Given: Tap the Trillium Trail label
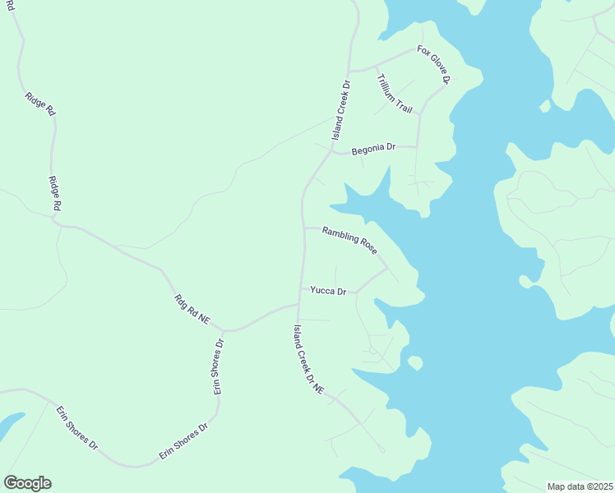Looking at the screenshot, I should [x=394, y=93].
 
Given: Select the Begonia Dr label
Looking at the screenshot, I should [x=373, y=149].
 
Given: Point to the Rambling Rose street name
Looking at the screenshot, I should [x=349, y=239].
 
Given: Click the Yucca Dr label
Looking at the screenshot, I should [x=328, y=290].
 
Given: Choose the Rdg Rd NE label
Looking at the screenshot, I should [x=191, y=310].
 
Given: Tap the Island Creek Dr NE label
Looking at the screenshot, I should [x=308, y=357].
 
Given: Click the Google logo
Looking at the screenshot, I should [x=27, y=483].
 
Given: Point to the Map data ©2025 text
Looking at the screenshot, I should [x=580, y=486].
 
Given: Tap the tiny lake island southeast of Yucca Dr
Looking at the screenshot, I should [x=414, y=362].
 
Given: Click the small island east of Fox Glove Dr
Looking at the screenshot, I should [x=544, y=105].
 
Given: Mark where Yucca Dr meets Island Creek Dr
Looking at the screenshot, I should [x=299, y=289].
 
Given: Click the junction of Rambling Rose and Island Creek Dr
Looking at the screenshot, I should [x=303, y=228].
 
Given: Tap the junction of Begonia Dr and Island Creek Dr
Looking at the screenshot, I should [x=332, y=152].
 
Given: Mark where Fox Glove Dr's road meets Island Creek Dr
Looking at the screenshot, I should [x=348, y=71].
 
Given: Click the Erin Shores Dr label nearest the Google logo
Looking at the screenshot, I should [x=76, y=427].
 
